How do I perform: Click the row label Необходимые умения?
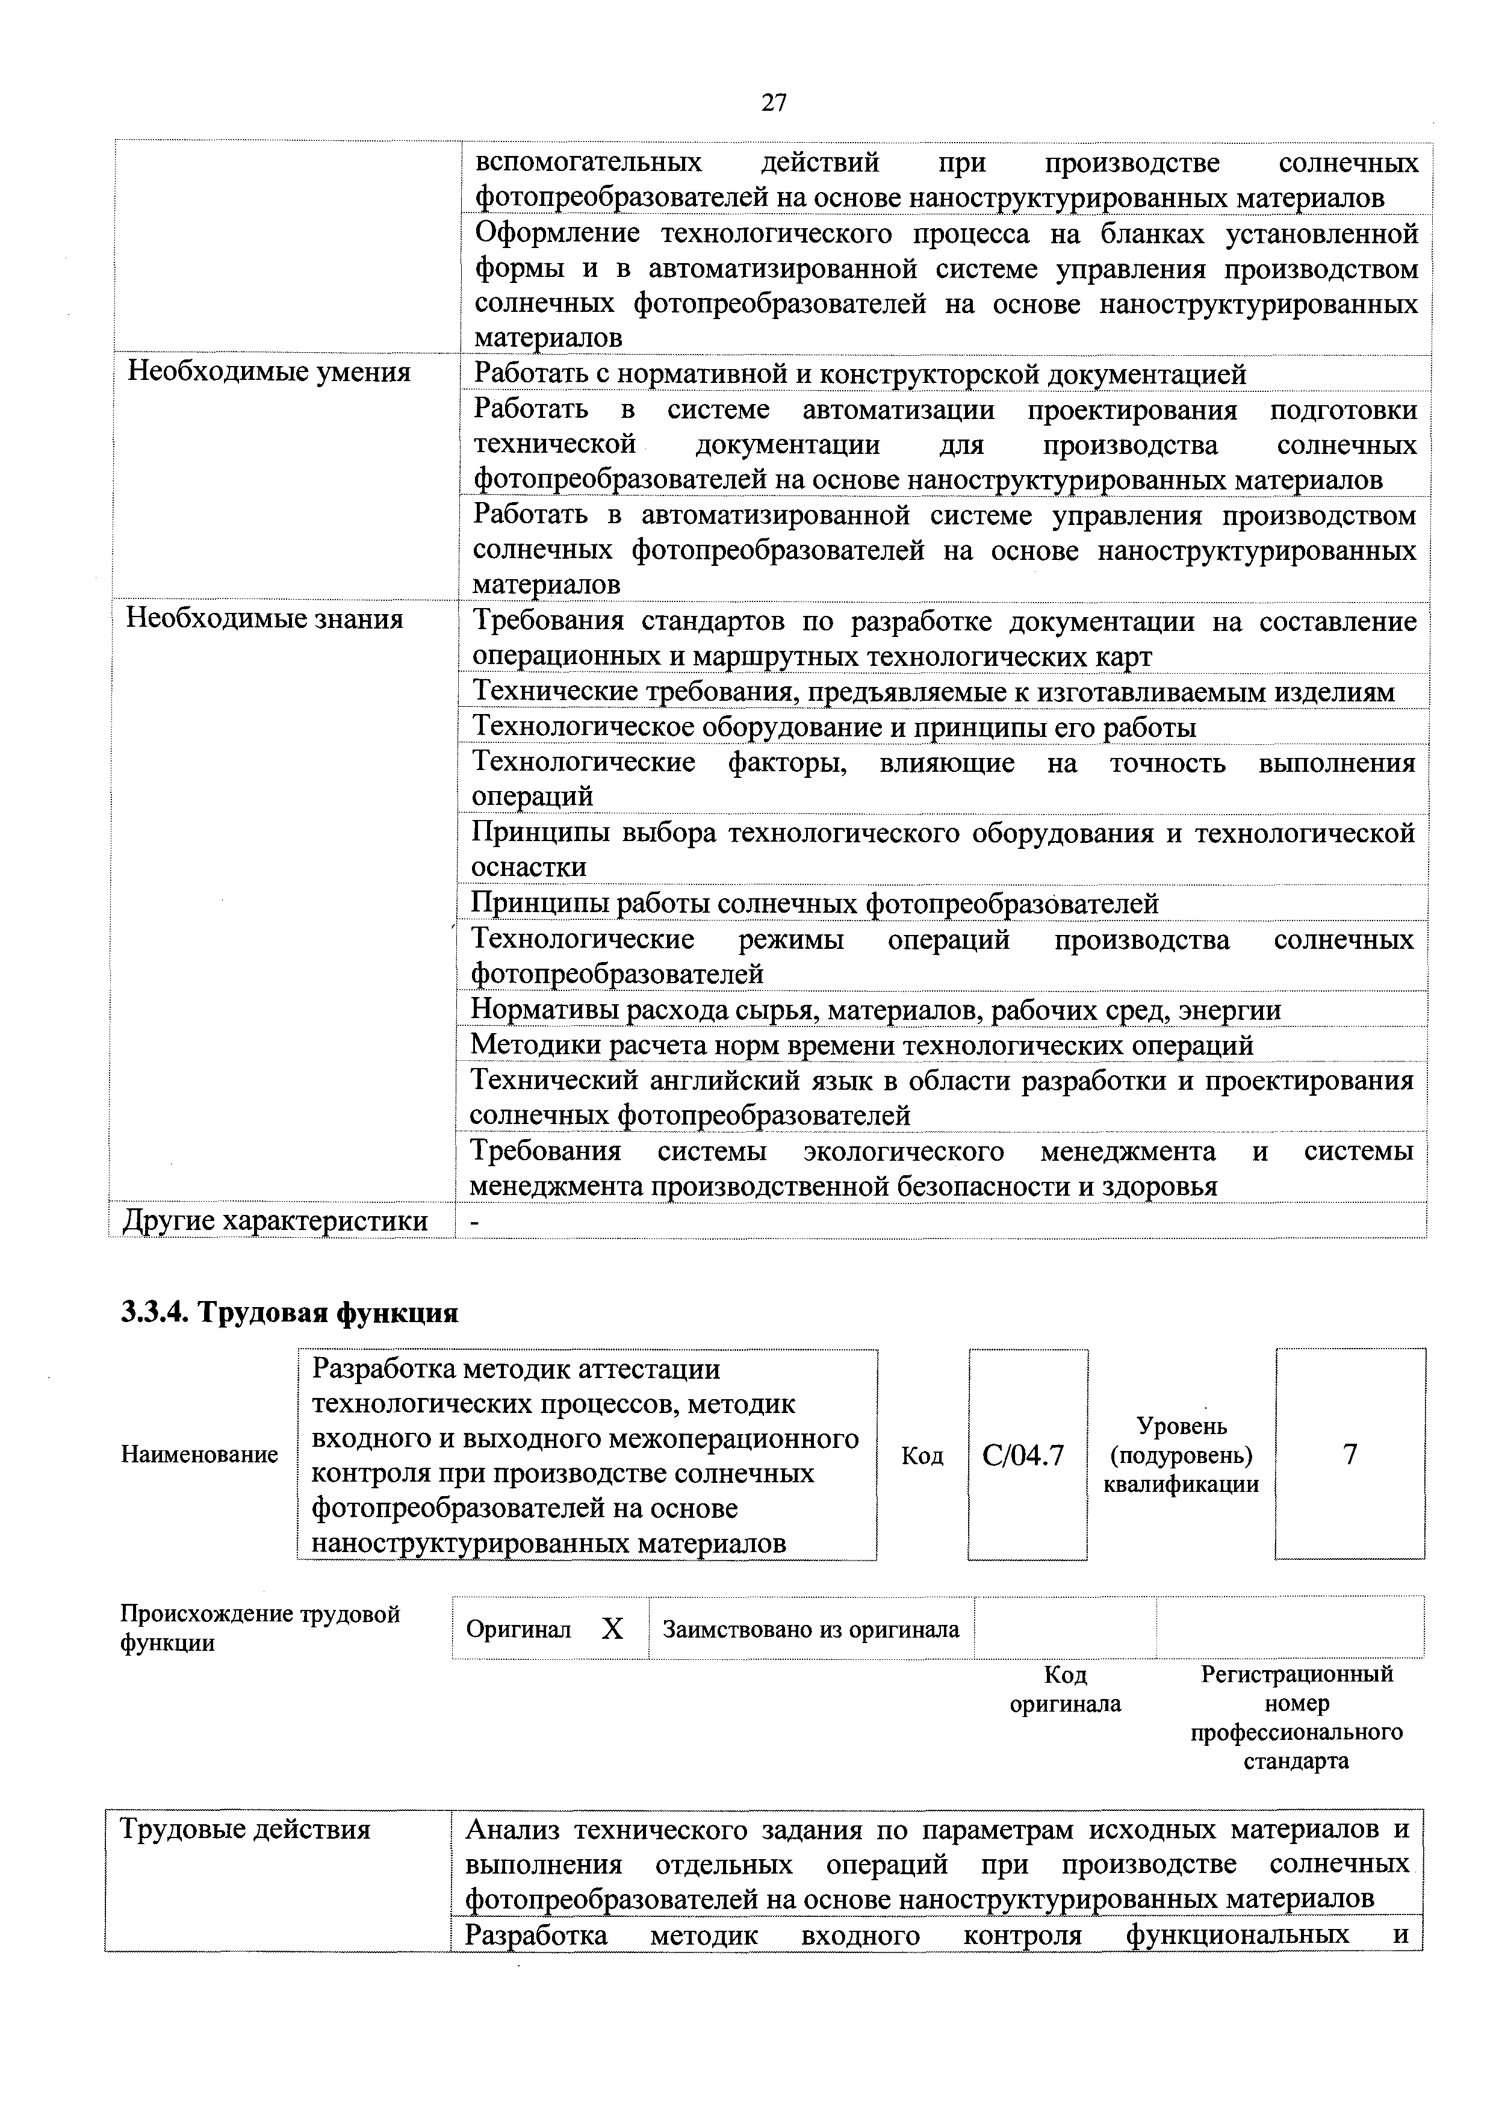coord(268,373)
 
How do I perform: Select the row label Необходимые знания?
coord(265,619)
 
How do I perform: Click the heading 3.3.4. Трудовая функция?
coord(290,1312)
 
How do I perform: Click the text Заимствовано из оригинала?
coord(810,1629)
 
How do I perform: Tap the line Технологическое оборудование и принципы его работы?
coord(833,727)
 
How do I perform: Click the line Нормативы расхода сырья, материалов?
coord(875,1010)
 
